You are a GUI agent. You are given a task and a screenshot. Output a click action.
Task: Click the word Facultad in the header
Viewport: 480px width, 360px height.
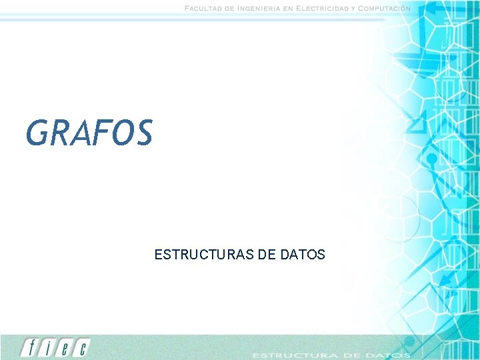tap(205, 8)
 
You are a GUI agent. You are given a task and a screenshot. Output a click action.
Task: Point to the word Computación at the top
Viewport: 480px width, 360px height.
tap(385, 8)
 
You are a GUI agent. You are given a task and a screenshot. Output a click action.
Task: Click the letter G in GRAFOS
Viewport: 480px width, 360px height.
tap(37, 132)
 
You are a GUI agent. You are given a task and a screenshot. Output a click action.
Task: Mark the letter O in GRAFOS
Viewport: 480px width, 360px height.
tap(121, 132)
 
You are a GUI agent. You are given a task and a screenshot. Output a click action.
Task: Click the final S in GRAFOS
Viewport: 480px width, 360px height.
tap(143, 132)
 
